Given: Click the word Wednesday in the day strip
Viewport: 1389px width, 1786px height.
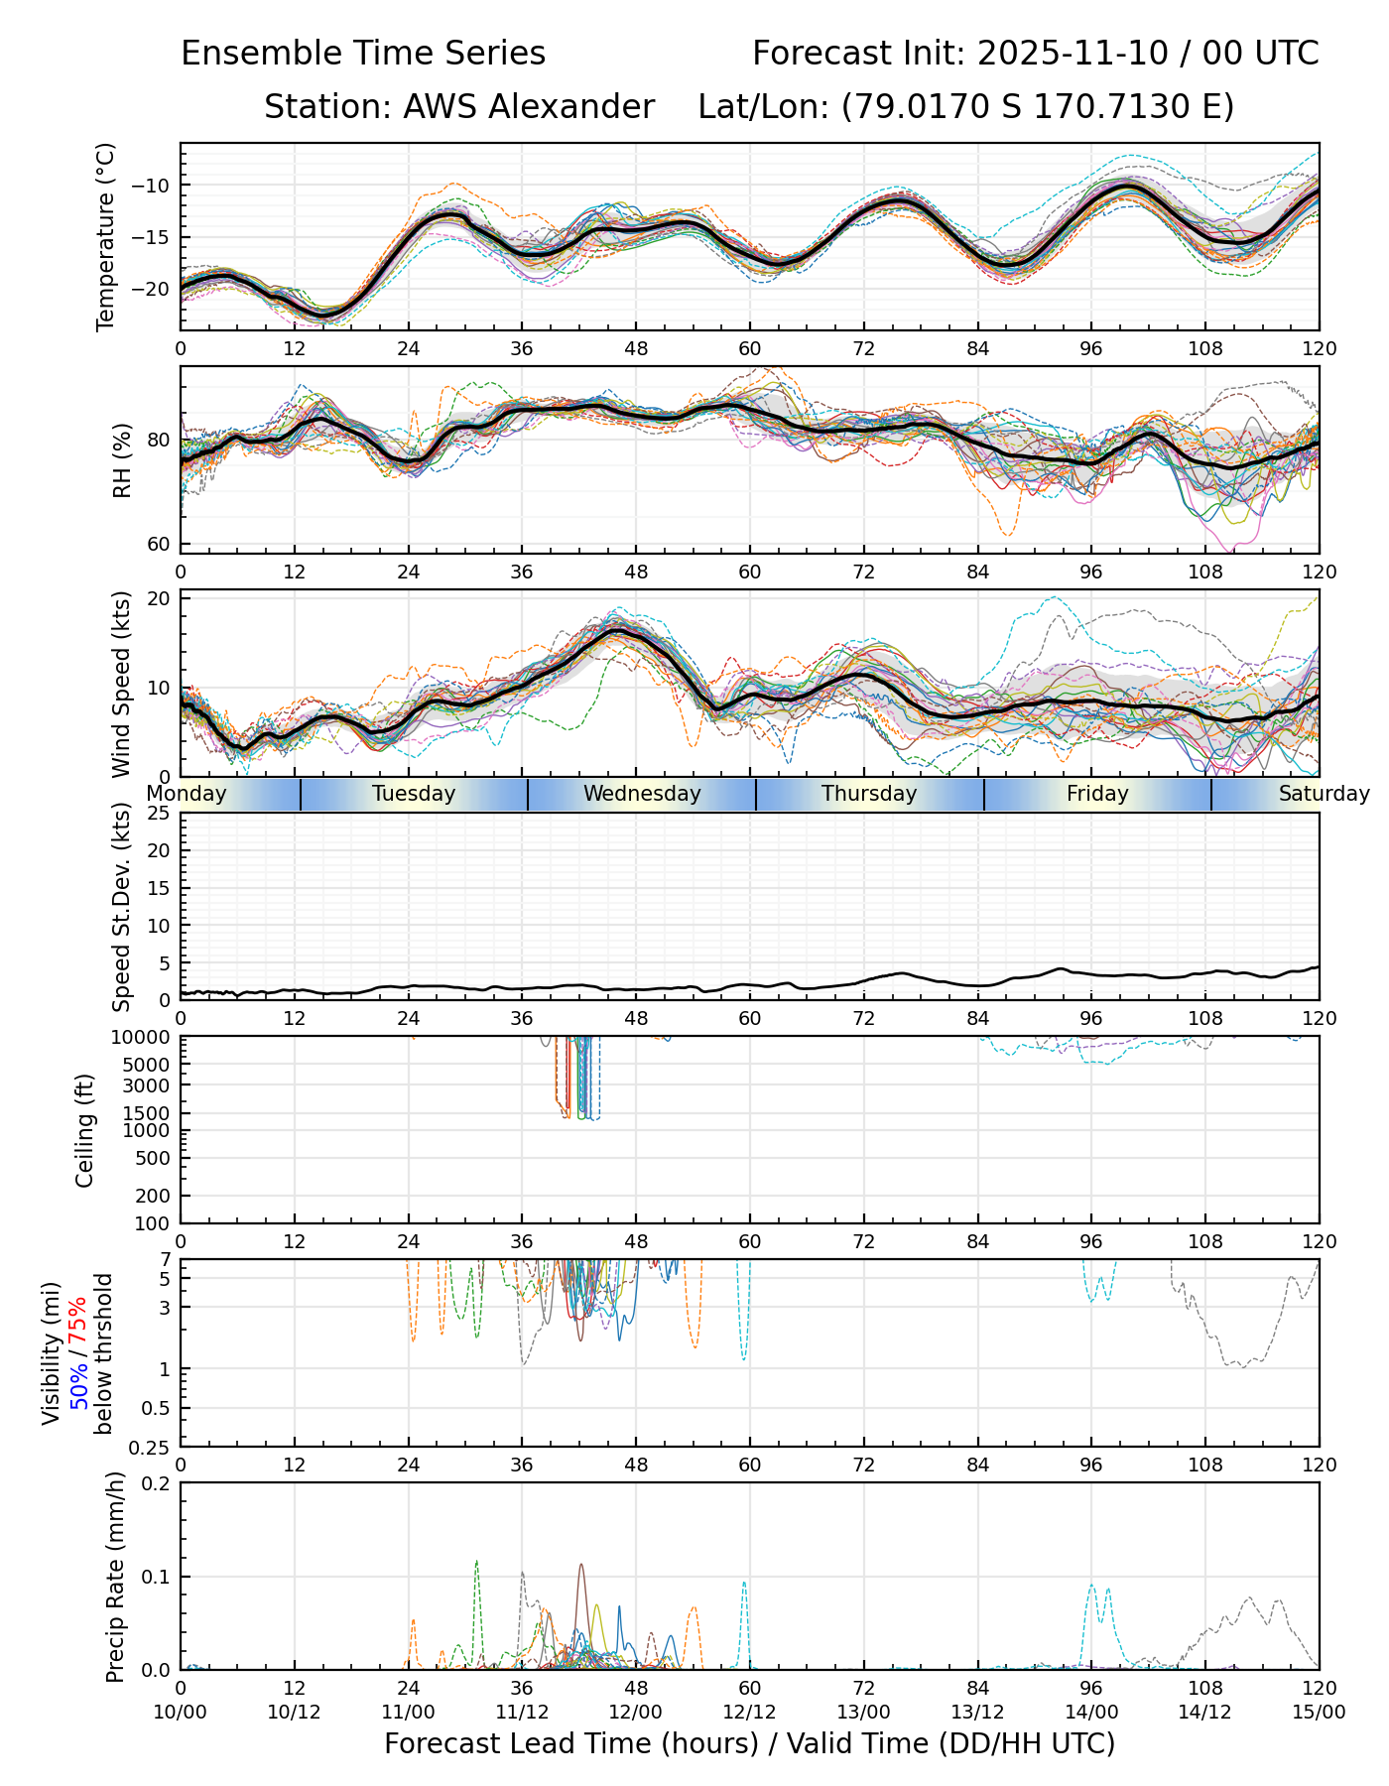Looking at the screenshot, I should click(x=642, y=794).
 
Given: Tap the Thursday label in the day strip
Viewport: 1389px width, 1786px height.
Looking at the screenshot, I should click(x=869, y=794).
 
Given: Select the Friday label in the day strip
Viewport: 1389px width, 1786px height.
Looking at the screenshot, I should click(x=1097, y=794).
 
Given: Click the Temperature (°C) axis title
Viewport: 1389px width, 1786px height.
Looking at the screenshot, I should click(x=106, y=236).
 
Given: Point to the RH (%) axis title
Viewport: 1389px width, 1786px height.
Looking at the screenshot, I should click(x=122, y=459).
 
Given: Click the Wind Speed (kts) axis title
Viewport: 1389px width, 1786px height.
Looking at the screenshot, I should click(x=122, y=684).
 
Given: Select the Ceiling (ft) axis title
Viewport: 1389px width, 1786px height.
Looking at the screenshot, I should click(x=85, y=1130).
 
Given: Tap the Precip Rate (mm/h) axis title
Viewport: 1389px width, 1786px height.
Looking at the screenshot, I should click(x=115, y=1577).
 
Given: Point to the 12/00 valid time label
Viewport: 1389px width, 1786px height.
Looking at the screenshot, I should click(x=636, y=1712).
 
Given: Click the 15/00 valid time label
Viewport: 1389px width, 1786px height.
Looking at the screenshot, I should click(x=1319, y=1712).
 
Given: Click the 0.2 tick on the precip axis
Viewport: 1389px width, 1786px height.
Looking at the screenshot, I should click(x=157, y=1483).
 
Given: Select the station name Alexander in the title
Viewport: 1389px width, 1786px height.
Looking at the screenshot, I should click(x=528, y=107).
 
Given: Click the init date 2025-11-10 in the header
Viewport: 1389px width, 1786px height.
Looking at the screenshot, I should click(x=1074, y=54).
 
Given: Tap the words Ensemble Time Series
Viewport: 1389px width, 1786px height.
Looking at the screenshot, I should click(x=363, y=54).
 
